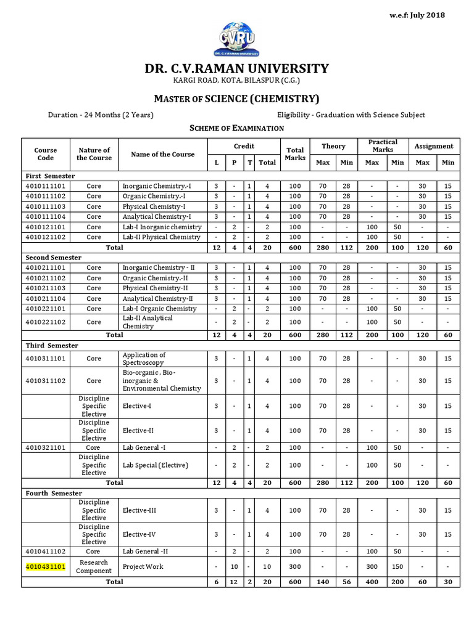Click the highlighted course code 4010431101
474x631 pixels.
point(46,566)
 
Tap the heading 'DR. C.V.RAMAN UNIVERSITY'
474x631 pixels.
point(237,68)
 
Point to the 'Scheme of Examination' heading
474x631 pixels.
point(236,128)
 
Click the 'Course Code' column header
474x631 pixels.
point(46,154)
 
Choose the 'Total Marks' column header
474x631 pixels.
point(295,154)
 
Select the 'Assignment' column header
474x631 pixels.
point(433,146)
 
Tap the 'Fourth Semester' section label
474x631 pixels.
point(54,494)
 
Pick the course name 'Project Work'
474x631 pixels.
point(143,566)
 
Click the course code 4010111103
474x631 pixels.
point(46,206)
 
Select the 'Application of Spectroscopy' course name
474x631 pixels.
point(144,359)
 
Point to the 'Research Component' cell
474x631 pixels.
point(94,566)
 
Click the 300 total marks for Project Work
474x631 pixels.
point(295,566)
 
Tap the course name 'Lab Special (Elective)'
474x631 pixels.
point(155,465)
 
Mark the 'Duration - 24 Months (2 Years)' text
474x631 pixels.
point(101,115)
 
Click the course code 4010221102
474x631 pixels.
point(46,322)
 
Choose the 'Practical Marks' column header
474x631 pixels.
point(383,146)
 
